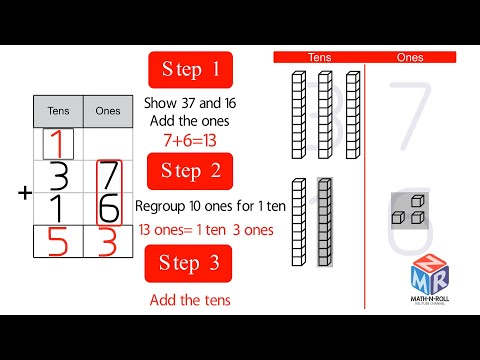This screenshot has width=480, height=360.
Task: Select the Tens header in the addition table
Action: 59,111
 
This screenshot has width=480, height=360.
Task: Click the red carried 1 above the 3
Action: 59,142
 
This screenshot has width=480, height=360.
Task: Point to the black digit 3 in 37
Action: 59,178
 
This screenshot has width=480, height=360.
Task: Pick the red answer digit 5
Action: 59,245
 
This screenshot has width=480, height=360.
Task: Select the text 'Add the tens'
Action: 190,300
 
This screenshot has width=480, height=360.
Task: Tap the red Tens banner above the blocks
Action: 320,58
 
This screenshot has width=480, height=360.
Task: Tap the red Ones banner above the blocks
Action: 410,58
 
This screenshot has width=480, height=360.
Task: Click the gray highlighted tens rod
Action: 324,222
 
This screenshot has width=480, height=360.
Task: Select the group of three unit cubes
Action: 406,212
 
